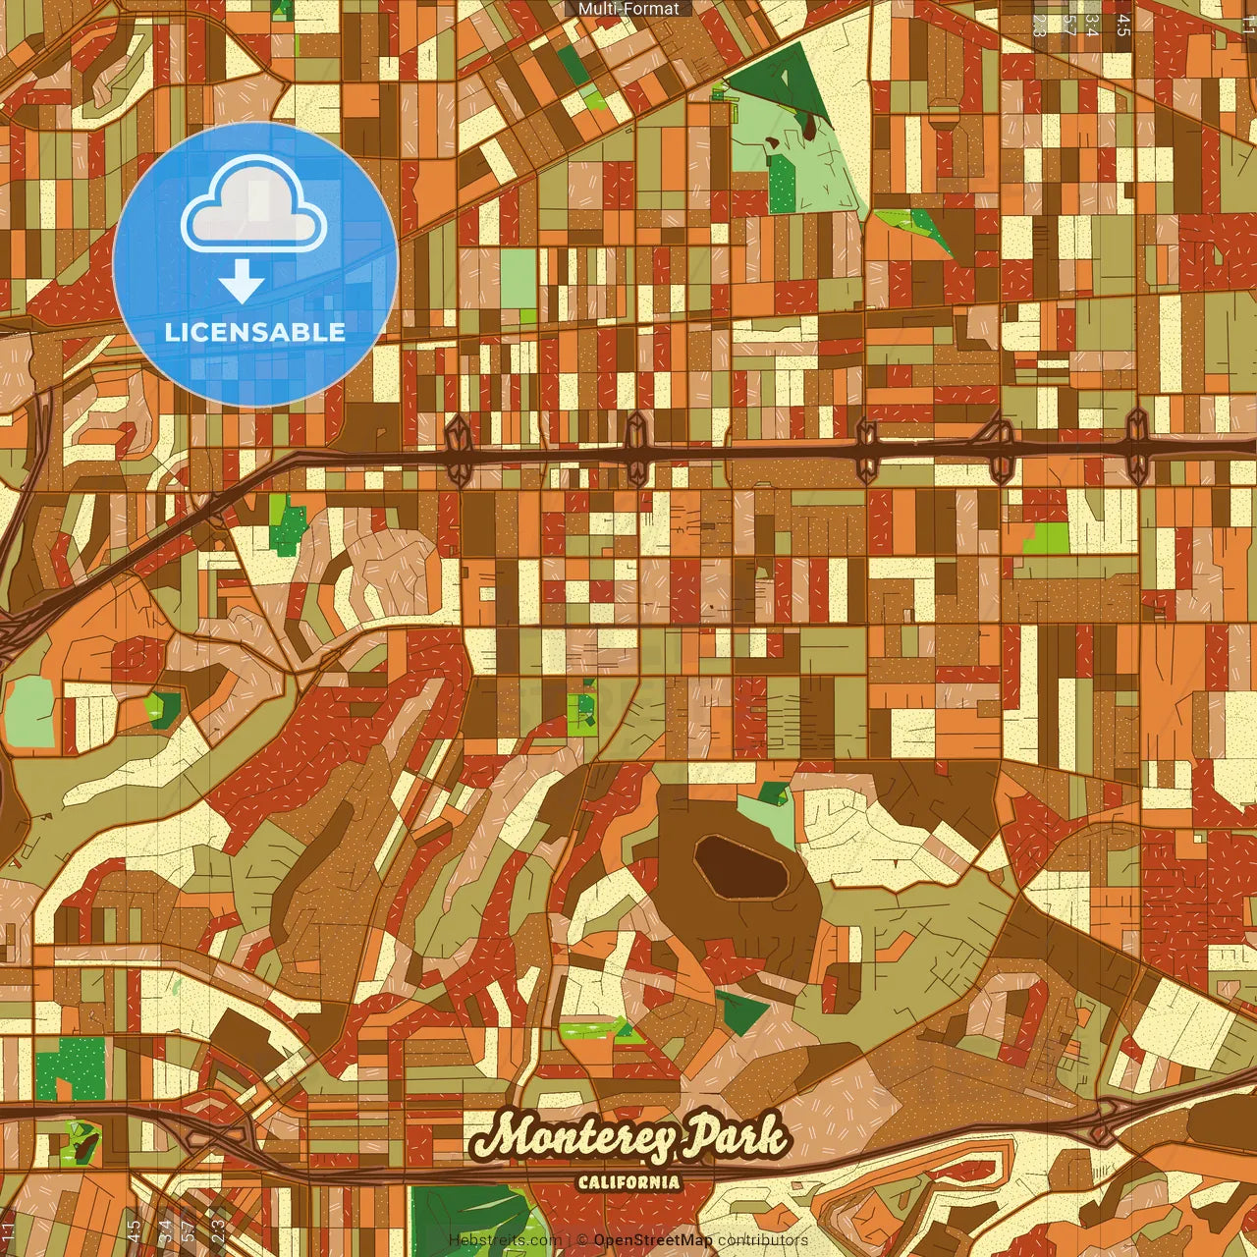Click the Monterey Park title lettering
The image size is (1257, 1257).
628,1137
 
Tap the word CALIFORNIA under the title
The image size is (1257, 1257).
628,1181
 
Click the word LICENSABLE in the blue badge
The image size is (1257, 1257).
254,332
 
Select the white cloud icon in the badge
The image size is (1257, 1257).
253,211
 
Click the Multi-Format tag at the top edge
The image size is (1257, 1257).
628,9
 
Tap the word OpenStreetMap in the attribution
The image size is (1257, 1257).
653,1240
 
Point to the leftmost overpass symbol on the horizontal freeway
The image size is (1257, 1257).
459,450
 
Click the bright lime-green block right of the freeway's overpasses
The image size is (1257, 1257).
1047,537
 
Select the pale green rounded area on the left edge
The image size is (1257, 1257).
29,711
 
